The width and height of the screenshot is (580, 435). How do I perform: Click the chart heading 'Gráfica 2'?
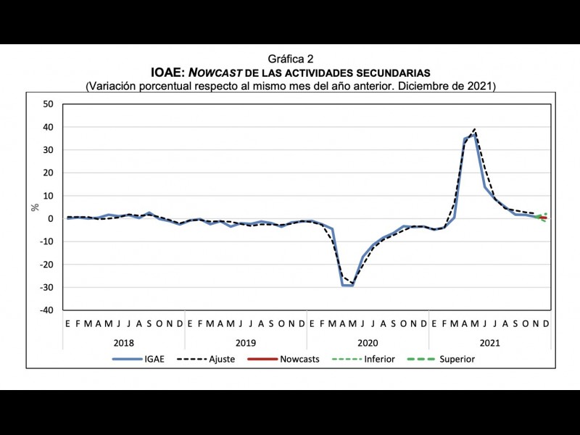[x=290, y=59]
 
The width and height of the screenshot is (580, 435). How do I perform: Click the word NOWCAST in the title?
[x=217, y=72]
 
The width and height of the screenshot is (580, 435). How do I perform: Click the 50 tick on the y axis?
[x=49, y=104]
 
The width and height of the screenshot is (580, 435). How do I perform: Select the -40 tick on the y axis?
[x=47, y=310]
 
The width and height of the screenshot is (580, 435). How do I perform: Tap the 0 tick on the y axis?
[x=51, y=219]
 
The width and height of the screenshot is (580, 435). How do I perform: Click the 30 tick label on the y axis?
[x=49, y=150]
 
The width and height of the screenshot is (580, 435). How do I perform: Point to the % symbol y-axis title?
[x=35, y=207]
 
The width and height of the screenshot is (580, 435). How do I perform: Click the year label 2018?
[x=123, y=341]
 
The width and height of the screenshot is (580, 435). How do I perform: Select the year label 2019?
[x=246, y=341]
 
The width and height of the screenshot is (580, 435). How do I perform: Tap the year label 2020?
[x=368, y=341]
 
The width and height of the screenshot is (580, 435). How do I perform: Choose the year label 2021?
[x=489, y=341]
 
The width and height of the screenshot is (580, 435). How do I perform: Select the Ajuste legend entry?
[x=221, y=359]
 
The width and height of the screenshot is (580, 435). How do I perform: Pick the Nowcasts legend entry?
[x=299, y=359]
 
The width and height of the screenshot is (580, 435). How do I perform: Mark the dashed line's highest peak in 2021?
[x=475, y=130]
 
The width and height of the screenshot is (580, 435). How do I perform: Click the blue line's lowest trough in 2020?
[x=348, y=286]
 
